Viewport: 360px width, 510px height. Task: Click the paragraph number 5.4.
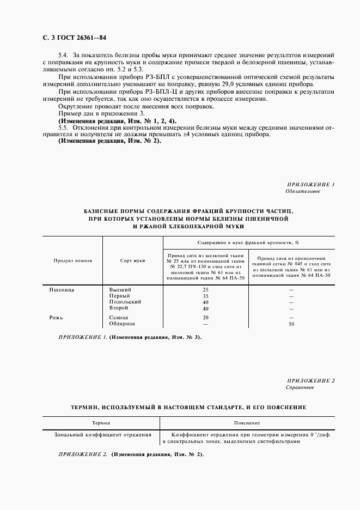coord(64,56)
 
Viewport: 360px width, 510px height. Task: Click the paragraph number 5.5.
coord(64,126)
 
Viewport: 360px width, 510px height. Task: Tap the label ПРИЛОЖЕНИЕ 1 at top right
coord(310,185)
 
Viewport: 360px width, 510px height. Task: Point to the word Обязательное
coord(302,191)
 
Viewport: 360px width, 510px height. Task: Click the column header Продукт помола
coord(72,260)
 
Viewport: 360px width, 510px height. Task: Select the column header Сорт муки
coord(132,260)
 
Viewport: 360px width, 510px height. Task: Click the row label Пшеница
coord(62,289)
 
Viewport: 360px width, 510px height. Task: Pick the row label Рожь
coord(57,317)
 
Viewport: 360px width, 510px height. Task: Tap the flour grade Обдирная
coord(122,324)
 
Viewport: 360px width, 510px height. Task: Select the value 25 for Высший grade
coord(205,290)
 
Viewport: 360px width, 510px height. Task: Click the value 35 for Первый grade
coord(205,296)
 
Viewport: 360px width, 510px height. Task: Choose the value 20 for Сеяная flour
coord(205,317)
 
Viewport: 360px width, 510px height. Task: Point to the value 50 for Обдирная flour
coord(291,324)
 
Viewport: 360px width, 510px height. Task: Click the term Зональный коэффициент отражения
coord(102,435)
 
